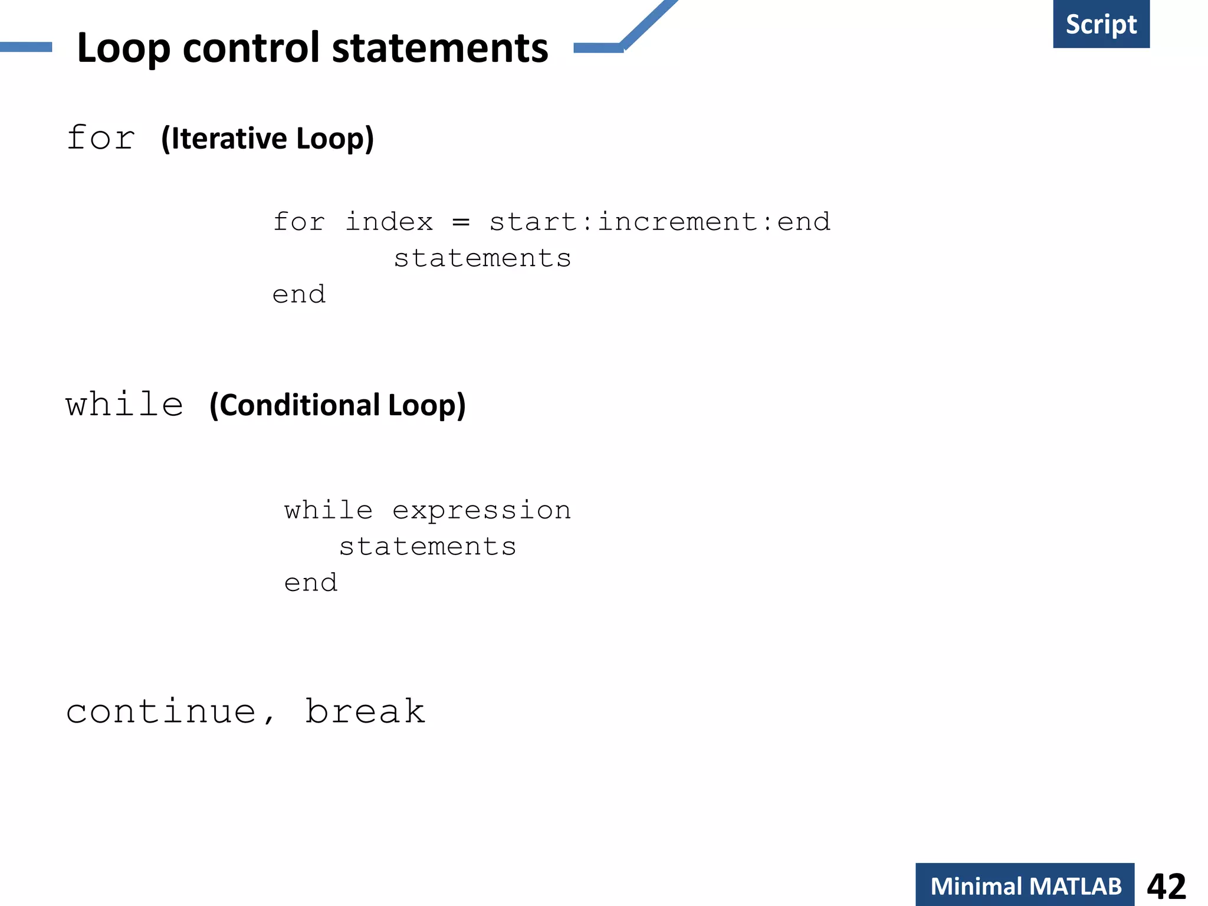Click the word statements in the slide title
click(440, 48)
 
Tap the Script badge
click(1101, 24)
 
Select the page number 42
click(1166, 886)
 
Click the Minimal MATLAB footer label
click(1025, 886)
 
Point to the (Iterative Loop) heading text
click(267, 139)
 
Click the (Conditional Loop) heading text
click(337, 405)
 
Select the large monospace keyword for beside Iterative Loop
click(101, 139)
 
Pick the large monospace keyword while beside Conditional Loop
click(124, 405)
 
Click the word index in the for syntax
click(389, 222)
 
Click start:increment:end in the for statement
click(659, 222)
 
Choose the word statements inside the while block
click(428, 547)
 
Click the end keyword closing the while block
click(311, 583)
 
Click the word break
click(365, 711)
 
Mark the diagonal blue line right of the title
click(649, 24)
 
